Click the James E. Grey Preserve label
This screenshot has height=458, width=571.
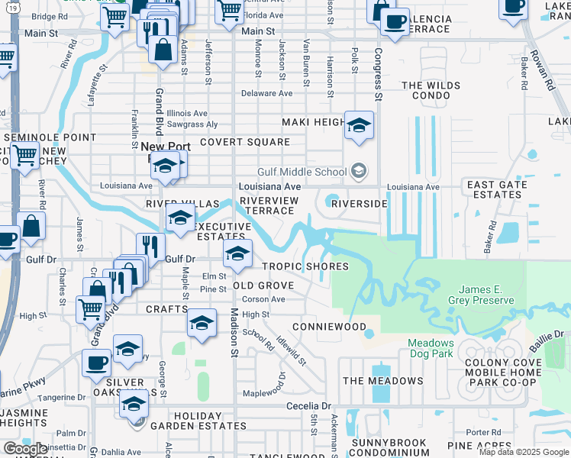[486, 295]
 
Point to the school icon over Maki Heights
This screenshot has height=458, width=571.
[358, 126]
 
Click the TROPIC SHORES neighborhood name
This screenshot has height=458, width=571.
[305, 266]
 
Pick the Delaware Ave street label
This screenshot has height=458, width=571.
[266, 93]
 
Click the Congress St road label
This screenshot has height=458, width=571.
[378, 75]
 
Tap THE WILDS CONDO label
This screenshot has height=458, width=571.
[431, 91]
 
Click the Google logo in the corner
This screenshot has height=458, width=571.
[24, 449]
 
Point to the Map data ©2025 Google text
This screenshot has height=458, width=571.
[524, 452]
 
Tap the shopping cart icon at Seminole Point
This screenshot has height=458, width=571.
[25, 156]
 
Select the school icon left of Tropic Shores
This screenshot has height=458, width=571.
[237, 256]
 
